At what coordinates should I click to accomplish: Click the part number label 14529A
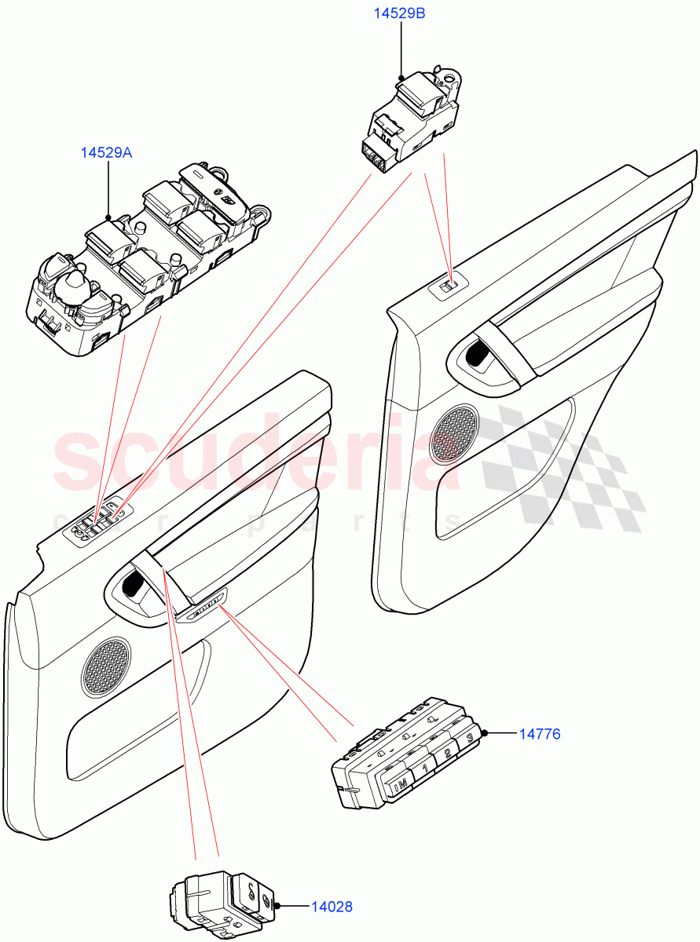pyautogui.click(x=106, y=153)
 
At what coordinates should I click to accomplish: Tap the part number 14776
pyautogui.click(x=539, y=734)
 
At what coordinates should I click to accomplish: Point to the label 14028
pyautogui.click(x=331, y=907)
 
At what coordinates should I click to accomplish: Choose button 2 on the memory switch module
pyautogui.click(x=446, y=753)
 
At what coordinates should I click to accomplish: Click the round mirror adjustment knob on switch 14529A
pyautogui.click(x=75, y=279)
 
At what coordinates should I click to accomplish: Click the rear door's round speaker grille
pyautogui.click(x=455, y=433)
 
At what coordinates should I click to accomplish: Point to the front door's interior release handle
pyautogui.click(x=131, y=586)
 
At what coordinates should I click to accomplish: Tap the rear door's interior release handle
pyautogui.click(x=475, y=355)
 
